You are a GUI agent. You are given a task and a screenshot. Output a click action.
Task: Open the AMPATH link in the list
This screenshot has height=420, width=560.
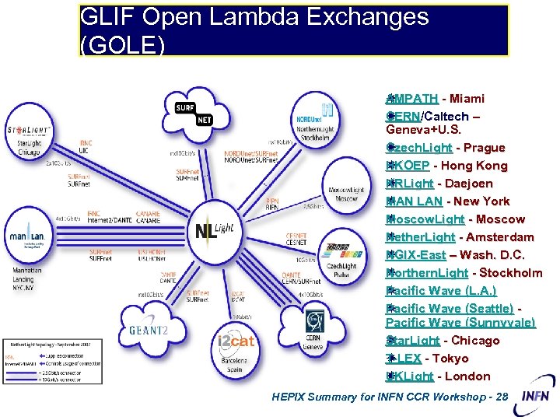tap(413, 99)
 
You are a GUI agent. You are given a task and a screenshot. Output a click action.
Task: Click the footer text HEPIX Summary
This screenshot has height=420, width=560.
tap(389, 397)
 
